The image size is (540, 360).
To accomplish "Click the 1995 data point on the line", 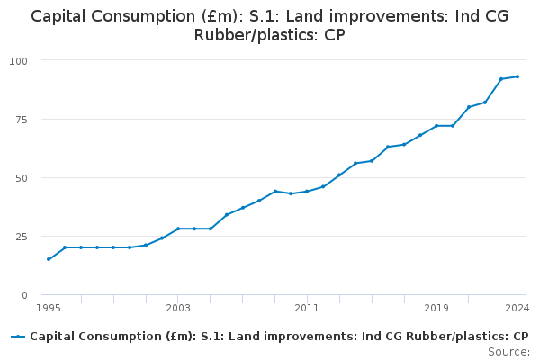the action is [49, 259].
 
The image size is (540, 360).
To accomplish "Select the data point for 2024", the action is [517, 76].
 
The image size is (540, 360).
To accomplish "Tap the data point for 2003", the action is [178, 229].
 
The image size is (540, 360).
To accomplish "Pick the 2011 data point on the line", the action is [307, 191].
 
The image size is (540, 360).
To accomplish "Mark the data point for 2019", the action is [436, 126].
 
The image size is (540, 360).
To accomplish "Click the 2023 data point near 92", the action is [501, 79].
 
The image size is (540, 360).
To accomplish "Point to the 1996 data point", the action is [65, 247].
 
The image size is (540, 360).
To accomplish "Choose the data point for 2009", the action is [274, 191].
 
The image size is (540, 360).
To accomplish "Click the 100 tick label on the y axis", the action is [18, 61].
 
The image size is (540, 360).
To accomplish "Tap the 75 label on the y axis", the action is [22, 120].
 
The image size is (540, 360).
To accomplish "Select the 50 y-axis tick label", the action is [22, 178].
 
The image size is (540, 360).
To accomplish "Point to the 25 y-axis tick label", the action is [22, 237].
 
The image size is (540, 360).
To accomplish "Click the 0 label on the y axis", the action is [24, 295].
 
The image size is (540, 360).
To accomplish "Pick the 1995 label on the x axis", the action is [49, 308].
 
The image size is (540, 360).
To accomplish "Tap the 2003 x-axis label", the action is [178, 308].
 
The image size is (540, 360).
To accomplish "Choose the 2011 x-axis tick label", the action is [307, 308].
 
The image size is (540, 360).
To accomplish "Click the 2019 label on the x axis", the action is [436, 308].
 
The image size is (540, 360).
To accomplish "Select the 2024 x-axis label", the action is [517, 308].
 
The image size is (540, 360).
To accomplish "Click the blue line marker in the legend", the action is [18, 337].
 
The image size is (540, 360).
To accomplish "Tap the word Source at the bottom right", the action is [508, 352].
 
